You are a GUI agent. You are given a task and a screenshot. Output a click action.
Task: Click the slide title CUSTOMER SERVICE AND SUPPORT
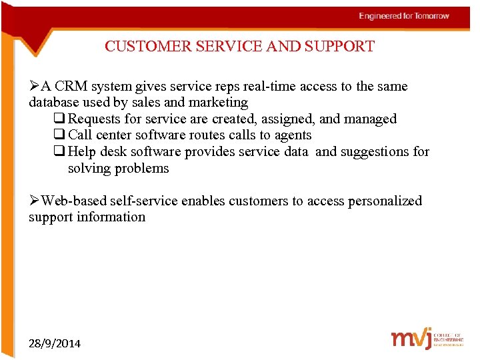pos(239,47)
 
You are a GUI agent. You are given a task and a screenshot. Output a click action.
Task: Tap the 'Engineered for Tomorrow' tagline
pos(404,16)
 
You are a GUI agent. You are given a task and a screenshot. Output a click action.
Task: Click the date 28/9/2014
pos(55,343)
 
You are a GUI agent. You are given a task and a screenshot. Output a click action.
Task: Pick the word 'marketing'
pos(218,103)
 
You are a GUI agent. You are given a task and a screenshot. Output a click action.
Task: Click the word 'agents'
pos(292,135)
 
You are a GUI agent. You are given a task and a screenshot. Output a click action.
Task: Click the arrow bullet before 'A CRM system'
pos(34,87)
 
